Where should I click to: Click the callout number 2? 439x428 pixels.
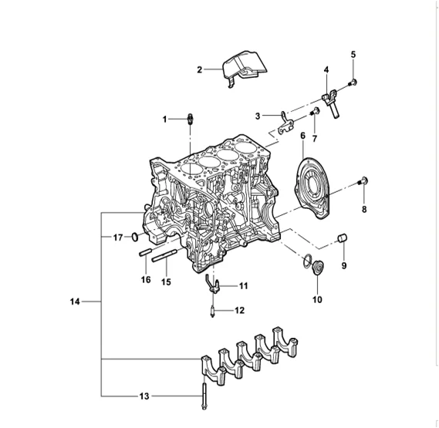click(200, 69)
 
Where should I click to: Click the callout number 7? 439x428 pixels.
click(314, 126)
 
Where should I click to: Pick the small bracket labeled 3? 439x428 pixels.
click(284, 120)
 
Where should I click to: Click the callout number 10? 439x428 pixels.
click(316, 300)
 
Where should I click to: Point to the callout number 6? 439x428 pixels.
click(302, 136)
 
